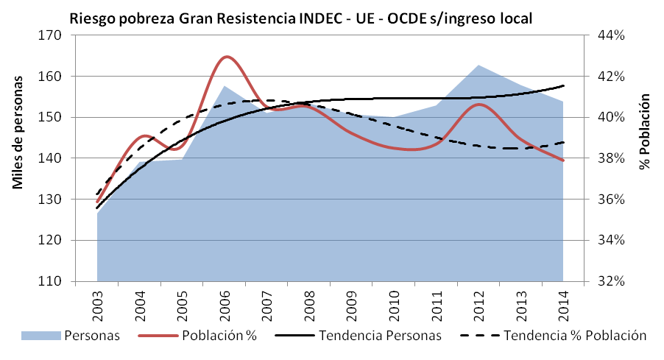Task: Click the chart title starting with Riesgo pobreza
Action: point(300,18)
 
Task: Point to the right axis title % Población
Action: point(646,132)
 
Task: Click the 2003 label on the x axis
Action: point(98,303)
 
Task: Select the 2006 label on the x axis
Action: point(225,303)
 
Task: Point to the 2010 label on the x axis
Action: point(395,303)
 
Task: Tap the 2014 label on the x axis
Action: point(564,303)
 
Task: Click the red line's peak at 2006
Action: point(226,56)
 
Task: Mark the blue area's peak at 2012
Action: point(479,66)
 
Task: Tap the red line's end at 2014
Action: point(563,160)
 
